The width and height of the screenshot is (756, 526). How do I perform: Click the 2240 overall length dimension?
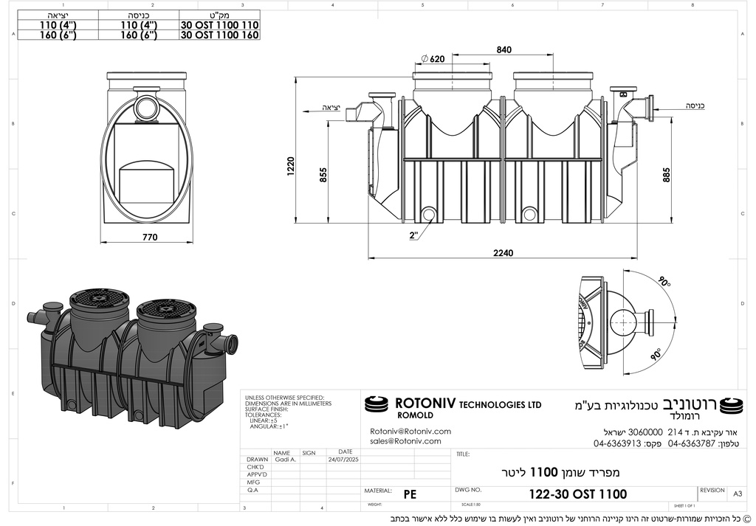coord(504,252)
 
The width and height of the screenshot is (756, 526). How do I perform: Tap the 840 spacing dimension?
coord(504,49)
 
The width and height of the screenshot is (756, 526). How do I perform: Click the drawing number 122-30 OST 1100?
coord(578,494)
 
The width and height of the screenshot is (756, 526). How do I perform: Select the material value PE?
coord(410,494)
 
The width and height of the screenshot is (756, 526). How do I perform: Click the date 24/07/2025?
coord(342,458)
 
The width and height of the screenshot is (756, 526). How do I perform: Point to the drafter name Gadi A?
coord(286,458)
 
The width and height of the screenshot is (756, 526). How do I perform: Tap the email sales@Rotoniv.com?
coord(405,441)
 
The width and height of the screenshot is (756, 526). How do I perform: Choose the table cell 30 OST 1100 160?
coord(219,35)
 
